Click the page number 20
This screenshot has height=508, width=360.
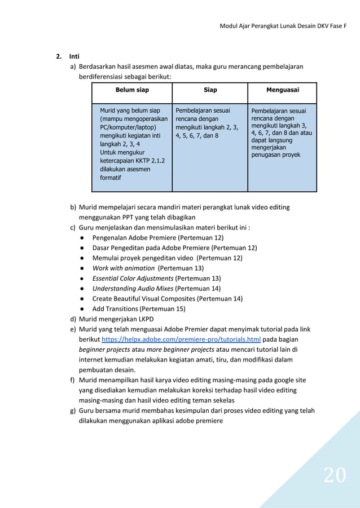(335, 475)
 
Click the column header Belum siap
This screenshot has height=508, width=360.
(132, 90)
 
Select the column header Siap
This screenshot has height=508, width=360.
(210, 90)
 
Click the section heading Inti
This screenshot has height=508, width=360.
(74, 56)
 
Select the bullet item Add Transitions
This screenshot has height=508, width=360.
(138, 308)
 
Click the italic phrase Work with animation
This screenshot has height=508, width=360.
(123, 268)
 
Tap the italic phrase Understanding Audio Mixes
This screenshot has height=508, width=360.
(133, 288)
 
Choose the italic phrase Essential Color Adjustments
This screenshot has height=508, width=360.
(133, 278)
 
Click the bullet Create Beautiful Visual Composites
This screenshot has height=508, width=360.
(167, 298)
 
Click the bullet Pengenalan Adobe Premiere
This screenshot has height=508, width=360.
(157, 237)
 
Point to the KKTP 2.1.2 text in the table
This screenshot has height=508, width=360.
(129, 160)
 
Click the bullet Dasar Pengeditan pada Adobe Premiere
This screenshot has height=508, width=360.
(174, 248)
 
